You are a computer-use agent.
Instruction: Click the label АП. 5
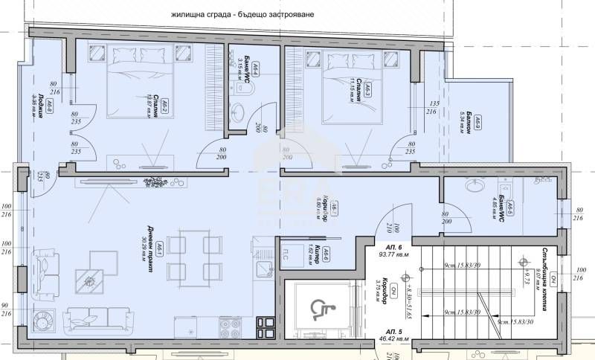tap(384, 333)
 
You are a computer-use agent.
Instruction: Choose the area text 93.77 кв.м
tap(384, 260)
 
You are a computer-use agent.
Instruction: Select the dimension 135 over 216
tap(431, 108)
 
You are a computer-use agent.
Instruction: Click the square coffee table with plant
tap(91, 279)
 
